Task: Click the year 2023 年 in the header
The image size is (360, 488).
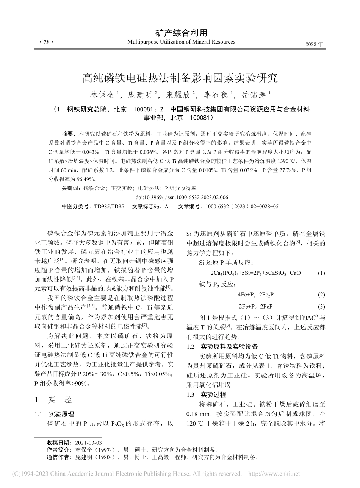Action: coord(314,44)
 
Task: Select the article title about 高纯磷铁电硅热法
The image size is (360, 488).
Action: coord(180,78)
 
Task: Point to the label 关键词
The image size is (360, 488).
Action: coord(71,188)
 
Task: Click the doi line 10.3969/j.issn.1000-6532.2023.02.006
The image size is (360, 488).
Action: coord(182,197)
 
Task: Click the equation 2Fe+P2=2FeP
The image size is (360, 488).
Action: coord(256,306)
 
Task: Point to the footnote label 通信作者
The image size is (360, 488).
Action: coord(58,457)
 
